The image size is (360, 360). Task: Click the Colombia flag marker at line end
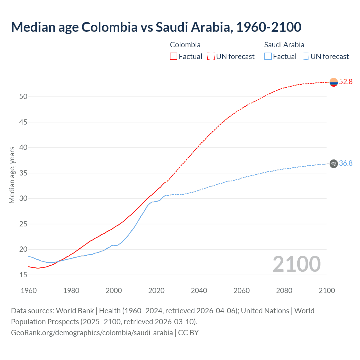(334, 82)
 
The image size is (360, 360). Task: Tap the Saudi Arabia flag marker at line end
(334, 164)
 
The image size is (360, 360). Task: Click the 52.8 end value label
(346, 82)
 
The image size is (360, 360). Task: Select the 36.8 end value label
(346, 163)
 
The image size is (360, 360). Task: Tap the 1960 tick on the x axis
(29, 291)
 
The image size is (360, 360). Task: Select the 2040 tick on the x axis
(199, 291)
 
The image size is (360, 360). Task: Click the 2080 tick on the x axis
(284, 291)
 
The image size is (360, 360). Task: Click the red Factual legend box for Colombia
(174, 57)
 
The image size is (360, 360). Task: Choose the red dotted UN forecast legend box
(211, 57)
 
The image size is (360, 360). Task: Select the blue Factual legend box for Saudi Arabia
(268, 57)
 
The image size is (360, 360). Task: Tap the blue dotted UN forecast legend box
(305, 57)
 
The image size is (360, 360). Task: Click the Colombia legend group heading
(185, 45)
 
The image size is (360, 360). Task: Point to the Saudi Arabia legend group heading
(284, 45)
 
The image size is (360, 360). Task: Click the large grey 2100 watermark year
(296, 264)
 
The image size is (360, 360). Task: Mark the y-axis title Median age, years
(12, 175)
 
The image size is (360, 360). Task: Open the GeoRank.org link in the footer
(92, 333)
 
